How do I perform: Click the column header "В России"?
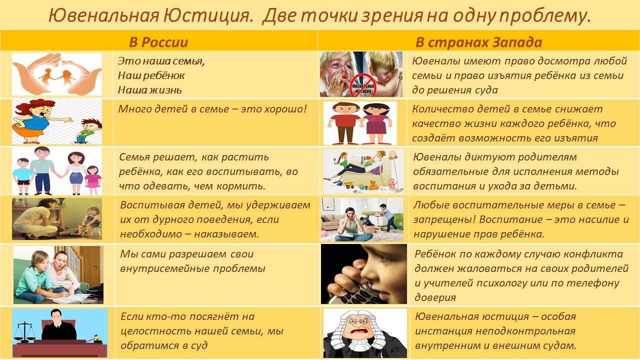click(x=158, y=42)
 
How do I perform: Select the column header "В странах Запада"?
click(x=479, y=42)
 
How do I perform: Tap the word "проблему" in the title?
click(x=544, y=15)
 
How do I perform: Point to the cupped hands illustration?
click(x=57, y=74)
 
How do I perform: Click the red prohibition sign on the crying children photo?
click(x=362, y=85)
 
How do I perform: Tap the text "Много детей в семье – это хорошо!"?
click(x=212, y=109)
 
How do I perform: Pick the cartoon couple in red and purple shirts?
click(x=360, y=123)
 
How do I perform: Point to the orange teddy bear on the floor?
click(x=373, y=185)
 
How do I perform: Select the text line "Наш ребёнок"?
click(x=151, y=75)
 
